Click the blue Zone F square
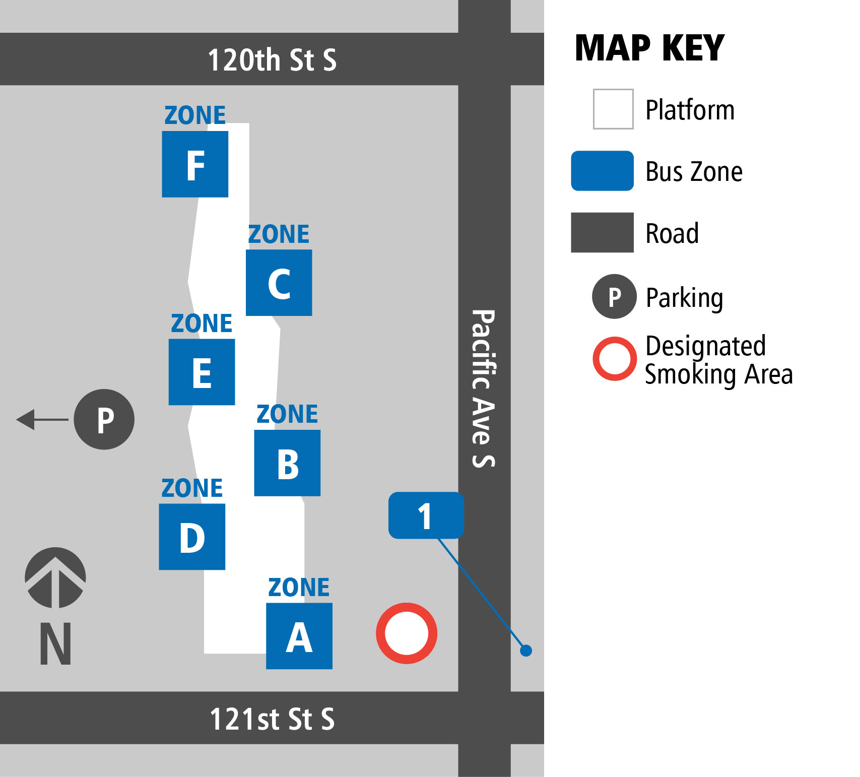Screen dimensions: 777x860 coord(195,164)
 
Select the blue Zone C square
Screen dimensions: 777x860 coord(279,283)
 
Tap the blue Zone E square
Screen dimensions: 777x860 coord(202,372)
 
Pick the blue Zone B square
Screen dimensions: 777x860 coord(287,463)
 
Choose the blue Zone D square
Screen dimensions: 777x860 coord(192,537)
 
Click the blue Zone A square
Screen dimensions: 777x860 coord(299,636)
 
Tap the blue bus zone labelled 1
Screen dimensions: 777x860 coord(426,515)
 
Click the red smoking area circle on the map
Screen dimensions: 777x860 coord(406,633)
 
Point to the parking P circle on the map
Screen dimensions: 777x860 coord(104,419)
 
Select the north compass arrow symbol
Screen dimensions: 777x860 coord(55,578)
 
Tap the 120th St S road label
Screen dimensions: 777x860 coord(272,60)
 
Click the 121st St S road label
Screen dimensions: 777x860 coord(272,719)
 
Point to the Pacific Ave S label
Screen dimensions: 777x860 coord(484,388)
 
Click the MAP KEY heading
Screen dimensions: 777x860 coord(649,48)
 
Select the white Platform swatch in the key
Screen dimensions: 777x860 coord(613,109)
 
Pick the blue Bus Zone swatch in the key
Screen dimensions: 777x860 coord(602,171)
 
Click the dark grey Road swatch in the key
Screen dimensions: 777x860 coord(602,232)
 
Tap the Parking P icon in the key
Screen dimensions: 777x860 coord(614,297)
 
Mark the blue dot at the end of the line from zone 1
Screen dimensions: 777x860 coord(526,651)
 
